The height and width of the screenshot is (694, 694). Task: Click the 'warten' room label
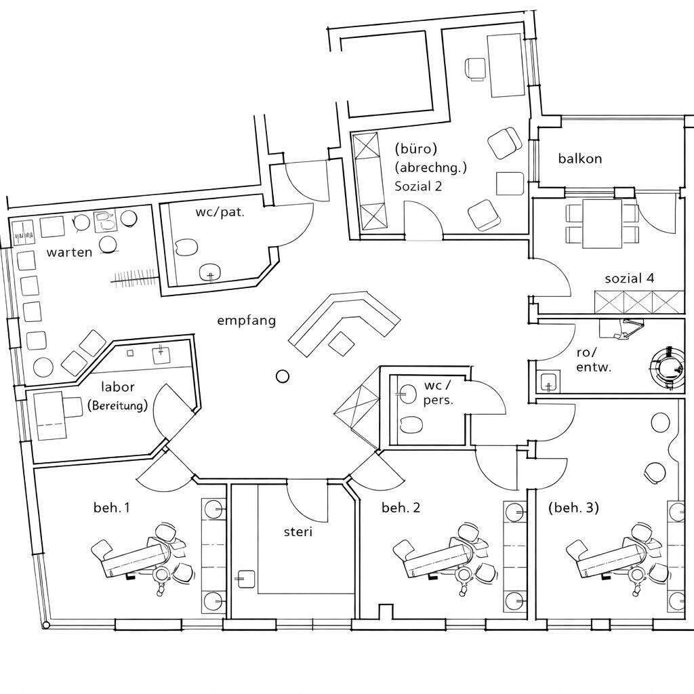pos(69,252)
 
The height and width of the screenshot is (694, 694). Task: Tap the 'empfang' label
pos(246,321)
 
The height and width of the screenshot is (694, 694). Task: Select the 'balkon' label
pos(580,159)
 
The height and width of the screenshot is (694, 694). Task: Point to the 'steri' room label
pos(298,532)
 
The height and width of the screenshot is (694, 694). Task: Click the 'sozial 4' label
pos(630,278)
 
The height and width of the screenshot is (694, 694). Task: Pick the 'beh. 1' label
pos(112,507)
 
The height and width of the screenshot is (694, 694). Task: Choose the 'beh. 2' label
pos(401,507)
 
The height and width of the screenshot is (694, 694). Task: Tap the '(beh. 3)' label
pos(573,507)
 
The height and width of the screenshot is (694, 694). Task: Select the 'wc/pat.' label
pos(220,212)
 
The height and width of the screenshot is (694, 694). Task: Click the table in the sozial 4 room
pos(603,224)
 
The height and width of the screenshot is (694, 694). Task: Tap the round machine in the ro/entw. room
pos(668,367)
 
